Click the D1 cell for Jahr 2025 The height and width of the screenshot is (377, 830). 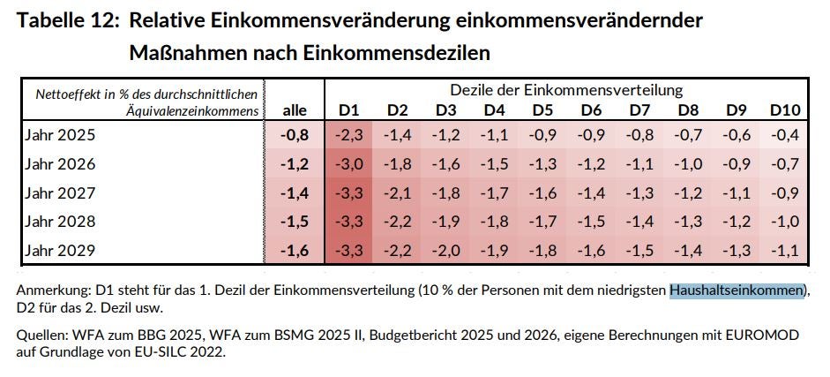349,136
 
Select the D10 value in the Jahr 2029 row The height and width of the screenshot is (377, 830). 783,251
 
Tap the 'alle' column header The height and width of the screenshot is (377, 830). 295,110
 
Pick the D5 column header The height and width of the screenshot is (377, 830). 542,110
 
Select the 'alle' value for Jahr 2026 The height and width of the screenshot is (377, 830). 295,164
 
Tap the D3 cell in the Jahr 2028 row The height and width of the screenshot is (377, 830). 446,222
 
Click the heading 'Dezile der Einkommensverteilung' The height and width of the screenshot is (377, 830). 566,90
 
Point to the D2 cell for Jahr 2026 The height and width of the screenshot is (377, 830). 398,164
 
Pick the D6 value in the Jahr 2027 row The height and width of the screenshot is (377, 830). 591,193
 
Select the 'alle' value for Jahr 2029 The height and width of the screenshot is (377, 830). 295,251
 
